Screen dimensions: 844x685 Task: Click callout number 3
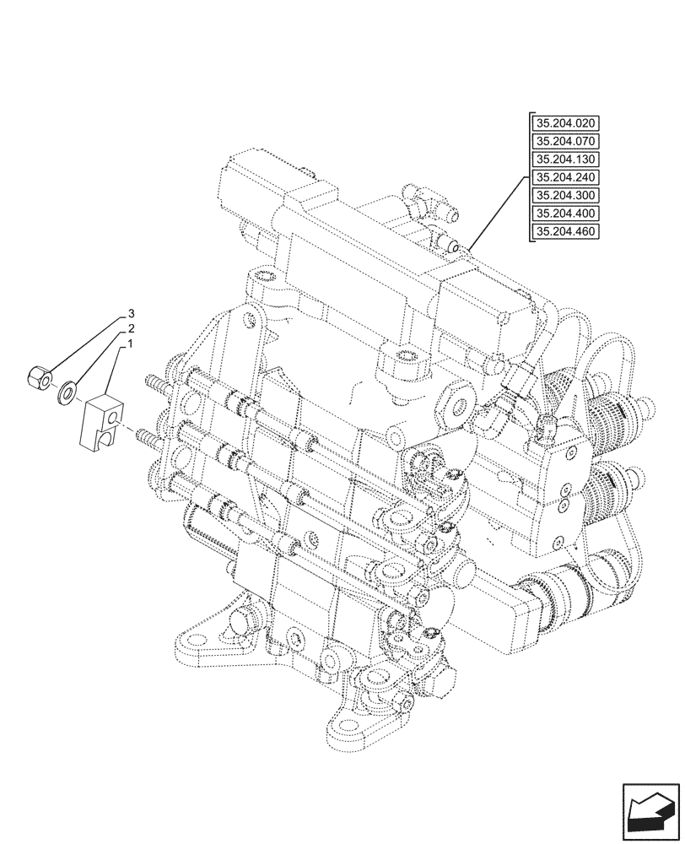132,313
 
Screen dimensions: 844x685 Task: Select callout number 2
132,328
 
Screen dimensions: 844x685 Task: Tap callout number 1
132,344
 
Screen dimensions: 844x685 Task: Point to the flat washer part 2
65,391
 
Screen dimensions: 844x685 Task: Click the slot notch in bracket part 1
104,436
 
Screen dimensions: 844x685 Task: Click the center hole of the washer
65,391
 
